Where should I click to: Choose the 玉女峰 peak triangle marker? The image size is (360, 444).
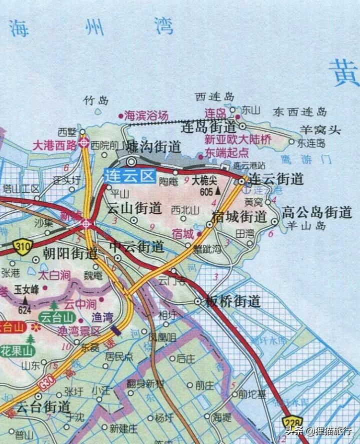tap(24, 300)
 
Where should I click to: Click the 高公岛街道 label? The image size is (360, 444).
tap(317, 212)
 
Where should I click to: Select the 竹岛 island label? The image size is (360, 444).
tap(96, 101)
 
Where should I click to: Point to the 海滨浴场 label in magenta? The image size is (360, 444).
tap(146, 115)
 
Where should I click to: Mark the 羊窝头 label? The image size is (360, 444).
tap(320, 130)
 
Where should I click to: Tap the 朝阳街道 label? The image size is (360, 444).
tap(70, 253)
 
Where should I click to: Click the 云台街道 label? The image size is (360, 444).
tap(42, 407)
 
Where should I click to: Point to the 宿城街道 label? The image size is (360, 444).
tap(239, 217)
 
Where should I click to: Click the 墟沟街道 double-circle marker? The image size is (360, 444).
tap(131, 162)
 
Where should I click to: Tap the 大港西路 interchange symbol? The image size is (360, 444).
tap(84, 143)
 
